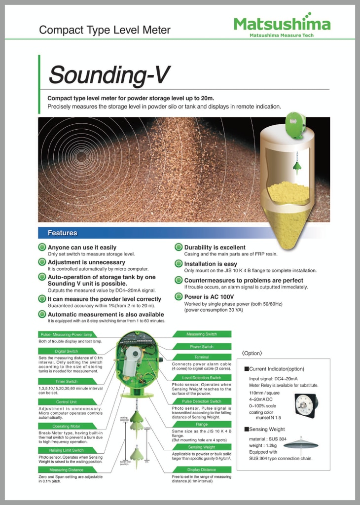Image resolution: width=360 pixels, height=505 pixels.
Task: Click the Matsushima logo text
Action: [x=282, y=24]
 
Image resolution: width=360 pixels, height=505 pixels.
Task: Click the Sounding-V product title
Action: [x=108, y=75]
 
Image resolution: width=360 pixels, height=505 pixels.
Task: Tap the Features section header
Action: [x=62, y=232]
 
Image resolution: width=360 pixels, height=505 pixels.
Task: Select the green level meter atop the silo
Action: [x=295, y=125]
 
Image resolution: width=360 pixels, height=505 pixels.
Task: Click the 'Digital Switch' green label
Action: [x=66, y=351]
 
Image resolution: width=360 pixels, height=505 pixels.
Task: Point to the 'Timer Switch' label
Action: [x=66, y=381]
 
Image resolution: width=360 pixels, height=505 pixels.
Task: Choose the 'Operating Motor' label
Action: [x=66, y=426]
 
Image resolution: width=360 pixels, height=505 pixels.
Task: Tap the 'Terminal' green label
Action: [x=202, y=357]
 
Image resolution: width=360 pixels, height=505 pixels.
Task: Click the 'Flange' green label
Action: [x=202, y=424]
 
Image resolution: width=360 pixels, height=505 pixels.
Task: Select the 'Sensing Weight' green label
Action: [x=202, y=447]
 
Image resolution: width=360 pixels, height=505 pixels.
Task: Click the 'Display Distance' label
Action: [x=202, y=469]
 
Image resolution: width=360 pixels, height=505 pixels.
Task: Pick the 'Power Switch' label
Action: [x=202, y=346]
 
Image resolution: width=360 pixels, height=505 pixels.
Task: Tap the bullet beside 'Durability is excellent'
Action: [x=179, y=248]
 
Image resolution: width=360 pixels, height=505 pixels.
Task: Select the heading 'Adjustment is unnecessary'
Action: [x=86, y=262]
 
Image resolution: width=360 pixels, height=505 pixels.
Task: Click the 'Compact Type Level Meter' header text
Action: [x=105, y=30]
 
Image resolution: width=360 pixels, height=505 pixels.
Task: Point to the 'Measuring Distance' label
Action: [x=66, y=470]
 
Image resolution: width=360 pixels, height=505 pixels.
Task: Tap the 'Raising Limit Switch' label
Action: [x=66, y=450]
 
